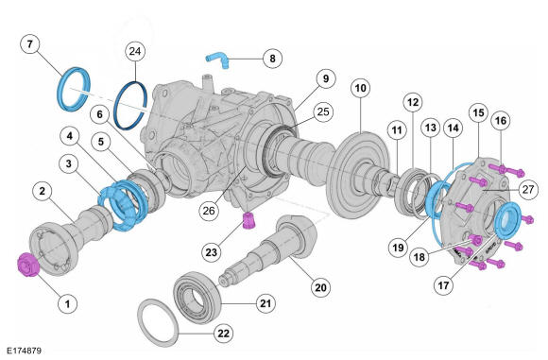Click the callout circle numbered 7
(x=29, y=44)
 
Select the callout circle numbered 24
(x=135, y=51)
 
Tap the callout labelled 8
(x=272, y=59)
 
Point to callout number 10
(x=360, y=88)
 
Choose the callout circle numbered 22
(x=223, y=334)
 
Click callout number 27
(x=528, y=189)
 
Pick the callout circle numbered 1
(x=67, y=303)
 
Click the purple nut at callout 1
(x=28, y=265)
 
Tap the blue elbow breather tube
(x=217, y=60)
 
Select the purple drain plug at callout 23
(x=249, y=221)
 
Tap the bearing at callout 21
(x=197, y=297)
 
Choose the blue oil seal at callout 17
(x=508, y=220)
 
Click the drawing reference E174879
(x=25, y=351)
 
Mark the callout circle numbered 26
(x=209, y=211)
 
